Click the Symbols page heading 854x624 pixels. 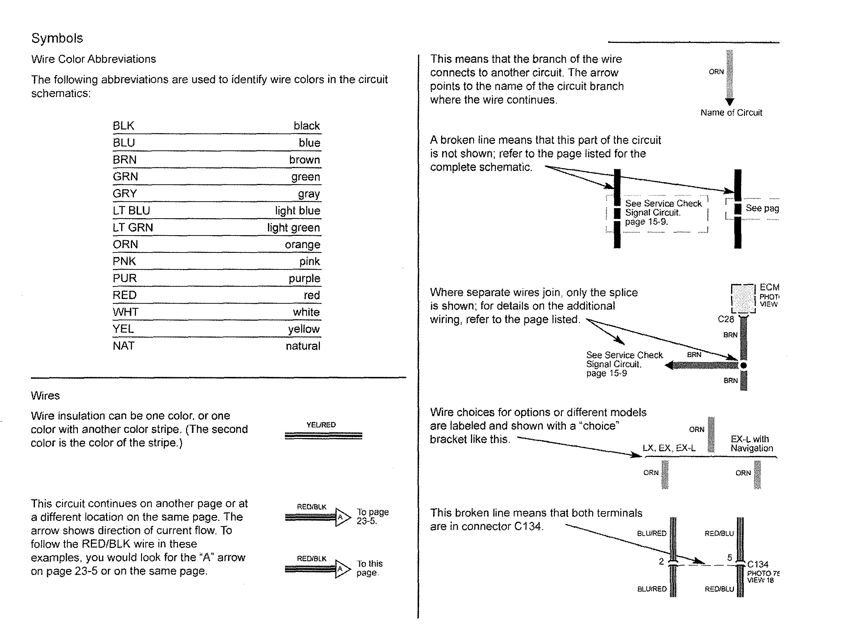pos(57,38)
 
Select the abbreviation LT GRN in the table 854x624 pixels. pos(133,227)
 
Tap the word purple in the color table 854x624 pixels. pos(304,278)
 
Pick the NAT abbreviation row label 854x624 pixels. pos(123,346)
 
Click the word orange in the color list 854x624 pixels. pos(303,245)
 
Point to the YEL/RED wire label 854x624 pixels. pos(321,425)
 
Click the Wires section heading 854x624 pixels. pos(45,395)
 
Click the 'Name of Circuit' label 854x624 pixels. pos(731,113)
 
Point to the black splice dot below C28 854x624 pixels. pos(743,365)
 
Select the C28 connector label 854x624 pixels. pos(726,319)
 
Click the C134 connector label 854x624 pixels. pos(758,564)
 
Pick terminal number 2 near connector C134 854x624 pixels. pos(661,562)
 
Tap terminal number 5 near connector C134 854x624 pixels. pos(730,558)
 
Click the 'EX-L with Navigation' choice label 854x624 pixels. pos(752,443)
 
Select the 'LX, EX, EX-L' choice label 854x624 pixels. pos(669,448)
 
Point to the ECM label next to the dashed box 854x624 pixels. pos(769,287)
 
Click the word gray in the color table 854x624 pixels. pos(309,194)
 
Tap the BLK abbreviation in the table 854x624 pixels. pos(123,126)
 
